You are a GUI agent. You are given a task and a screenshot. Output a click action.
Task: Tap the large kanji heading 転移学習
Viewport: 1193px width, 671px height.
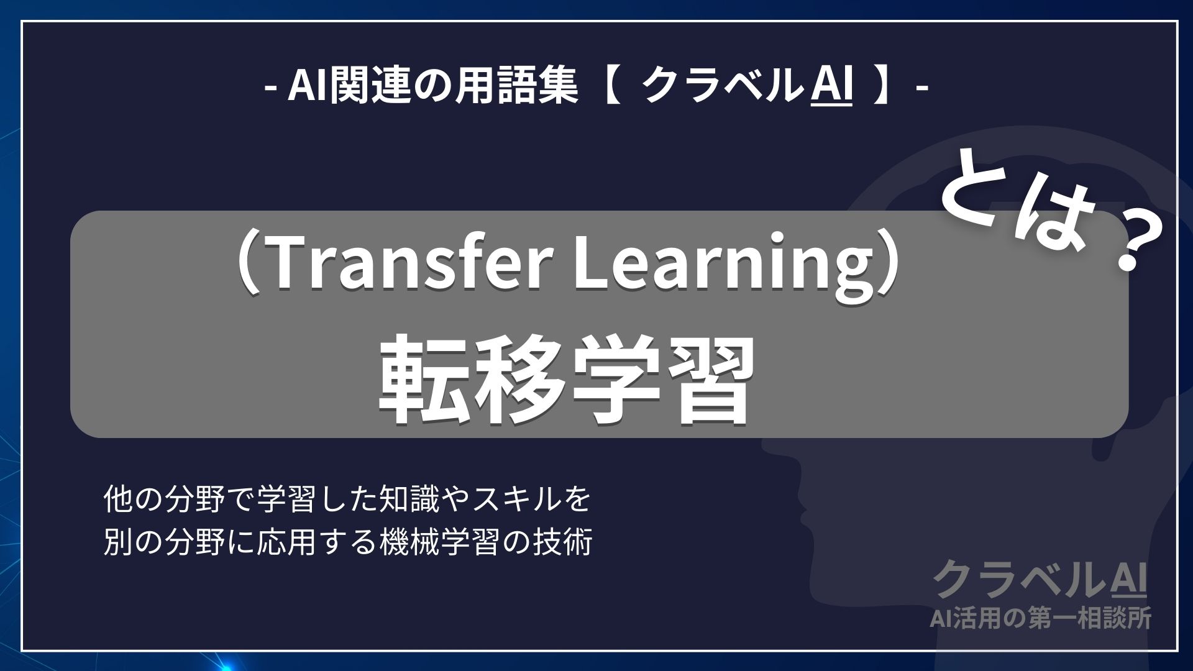[x=565, y=381]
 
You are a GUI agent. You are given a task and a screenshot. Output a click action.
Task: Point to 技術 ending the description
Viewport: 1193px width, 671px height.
[x=568, y=542]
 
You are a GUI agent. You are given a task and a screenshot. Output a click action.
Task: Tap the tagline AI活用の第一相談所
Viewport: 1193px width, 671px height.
[x=1040, y=618]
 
